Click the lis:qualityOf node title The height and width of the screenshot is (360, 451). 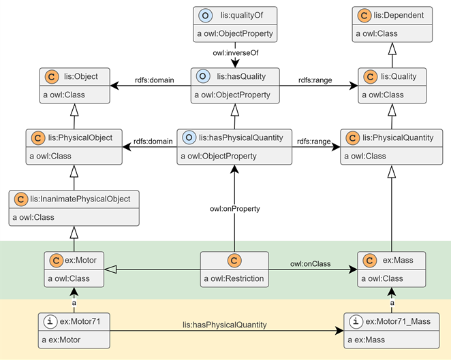point(242,15)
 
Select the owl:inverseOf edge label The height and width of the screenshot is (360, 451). point(236,53)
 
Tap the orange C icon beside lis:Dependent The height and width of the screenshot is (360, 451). point(364,15)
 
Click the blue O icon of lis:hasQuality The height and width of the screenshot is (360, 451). point(203,76)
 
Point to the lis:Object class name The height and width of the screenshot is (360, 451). point(81,76)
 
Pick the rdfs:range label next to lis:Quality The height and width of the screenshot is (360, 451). point(315,80)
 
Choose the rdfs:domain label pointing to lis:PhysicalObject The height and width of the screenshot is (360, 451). point(153,142)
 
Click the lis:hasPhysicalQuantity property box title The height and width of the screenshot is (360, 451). point(241,137)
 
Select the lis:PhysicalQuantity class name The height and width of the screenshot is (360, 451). point(398,137)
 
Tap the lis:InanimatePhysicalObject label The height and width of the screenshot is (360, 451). point(80,199)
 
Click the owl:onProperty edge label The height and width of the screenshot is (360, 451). point(235,209)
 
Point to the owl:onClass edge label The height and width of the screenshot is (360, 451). point(311,264)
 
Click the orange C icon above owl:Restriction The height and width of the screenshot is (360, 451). point(234,261)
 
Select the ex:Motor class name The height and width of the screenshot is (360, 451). point(80,260)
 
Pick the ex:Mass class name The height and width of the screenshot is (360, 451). point(398,260)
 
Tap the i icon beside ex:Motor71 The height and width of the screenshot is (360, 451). point(50,321)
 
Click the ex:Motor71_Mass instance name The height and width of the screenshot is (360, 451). point(398,321)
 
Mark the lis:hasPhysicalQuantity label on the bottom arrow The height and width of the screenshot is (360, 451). point(225,325)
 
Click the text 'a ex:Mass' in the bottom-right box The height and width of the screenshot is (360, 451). point(366,340)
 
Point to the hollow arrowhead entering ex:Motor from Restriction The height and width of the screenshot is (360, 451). point(110,269)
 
